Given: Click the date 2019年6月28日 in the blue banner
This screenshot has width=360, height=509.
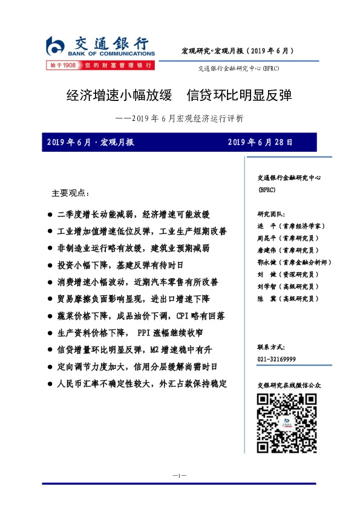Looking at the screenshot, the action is [x=261, y=143].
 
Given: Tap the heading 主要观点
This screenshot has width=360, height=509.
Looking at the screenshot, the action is [x=70, y=193].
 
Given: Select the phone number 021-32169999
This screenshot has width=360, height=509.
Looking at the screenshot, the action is [x=277, y=359].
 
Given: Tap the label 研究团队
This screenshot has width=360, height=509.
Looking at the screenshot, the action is [x=270, y=213].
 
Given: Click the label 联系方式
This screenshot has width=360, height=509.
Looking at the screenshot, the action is [x=270, y=348].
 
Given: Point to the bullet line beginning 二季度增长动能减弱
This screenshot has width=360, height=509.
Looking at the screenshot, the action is [x=133, y=215].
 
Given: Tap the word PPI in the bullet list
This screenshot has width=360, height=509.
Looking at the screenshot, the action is [x=143, y=333].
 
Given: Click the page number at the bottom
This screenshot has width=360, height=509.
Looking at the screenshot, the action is [x=180, y=476].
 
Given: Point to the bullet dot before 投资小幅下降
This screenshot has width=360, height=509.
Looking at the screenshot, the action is [x=49, y=265].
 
